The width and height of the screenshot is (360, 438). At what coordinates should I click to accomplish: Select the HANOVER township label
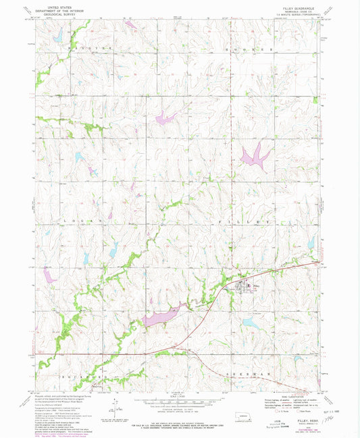tap(83, 49)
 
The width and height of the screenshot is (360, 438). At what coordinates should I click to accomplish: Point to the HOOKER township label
tap(250, 49)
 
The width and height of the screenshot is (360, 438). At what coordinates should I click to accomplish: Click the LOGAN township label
tap(83, 221)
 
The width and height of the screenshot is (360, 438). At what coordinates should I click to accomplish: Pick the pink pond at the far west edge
tap(49, 274)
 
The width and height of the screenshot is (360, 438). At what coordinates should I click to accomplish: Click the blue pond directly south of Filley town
tap(251, 323)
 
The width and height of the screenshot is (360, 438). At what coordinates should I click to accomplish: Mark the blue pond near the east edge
tap(310, 242)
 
